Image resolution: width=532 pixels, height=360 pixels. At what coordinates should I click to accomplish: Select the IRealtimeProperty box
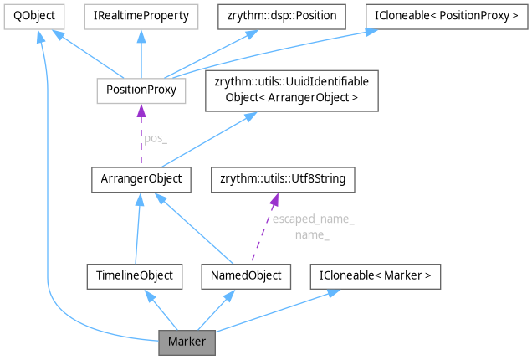click(x=141, y=15)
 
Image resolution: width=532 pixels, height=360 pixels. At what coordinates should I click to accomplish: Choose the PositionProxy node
click(x=141, y=89)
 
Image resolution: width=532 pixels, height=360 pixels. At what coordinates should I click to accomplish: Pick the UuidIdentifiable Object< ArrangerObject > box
click(x=293, y=90)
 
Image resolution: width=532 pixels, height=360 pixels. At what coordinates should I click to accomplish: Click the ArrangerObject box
click(x=141, y=178)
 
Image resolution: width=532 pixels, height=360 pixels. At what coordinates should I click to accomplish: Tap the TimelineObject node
click(x=135, y=275)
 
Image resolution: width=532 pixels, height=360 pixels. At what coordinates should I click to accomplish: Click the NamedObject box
click(x=247, y=275)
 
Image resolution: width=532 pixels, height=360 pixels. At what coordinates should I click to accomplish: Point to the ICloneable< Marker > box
click(x=376, y=275)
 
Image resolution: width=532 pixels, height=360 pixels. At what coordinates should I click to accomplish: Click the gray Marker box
click(x=187, y=342)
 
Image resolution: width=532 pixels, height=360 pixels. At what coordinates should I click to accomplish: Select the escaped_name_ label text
click(x=313, y=219)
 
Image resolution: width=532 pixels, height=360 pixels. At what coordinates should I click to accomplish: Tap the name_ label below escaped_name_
click(x=312, y=235)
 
